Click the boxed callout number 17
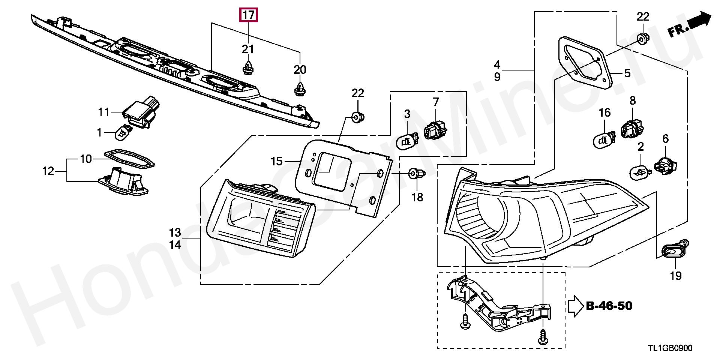pyautogui.click(x=248, y=15)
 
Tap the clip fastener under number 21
pyautogui.click(x=247, y=67)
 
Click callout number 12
pyautogui.click(x=48, y=171)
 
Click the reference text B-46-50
pyautogui.click(x=609, y=306)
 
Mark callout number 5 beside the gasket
pyautogui.click(x=627, y=73)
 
